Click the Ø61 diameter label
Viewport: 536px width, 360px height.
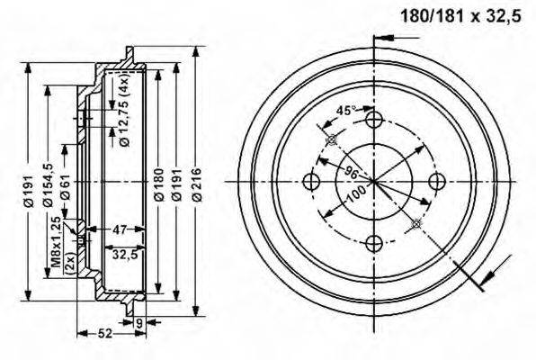click(x=66, y=185)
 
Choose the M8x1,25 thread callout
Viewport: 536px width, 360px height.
click(x=56, y=242)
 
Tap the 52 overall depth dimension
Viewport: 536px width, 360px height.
click(x=105, y=334)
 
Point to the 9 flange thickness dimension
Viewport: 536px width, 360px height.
click(x=138, y=321)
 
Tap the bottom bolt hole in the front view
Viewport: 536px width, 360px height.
click(x=374, y=243)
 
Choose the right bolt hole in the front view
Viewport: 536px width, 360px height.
click(x=436, y=182)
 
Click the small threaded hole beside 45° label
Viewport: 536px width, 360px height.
click(x=332, y=139)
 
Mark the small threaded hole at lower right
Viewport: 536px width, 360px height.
click(x=415, y=223)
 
